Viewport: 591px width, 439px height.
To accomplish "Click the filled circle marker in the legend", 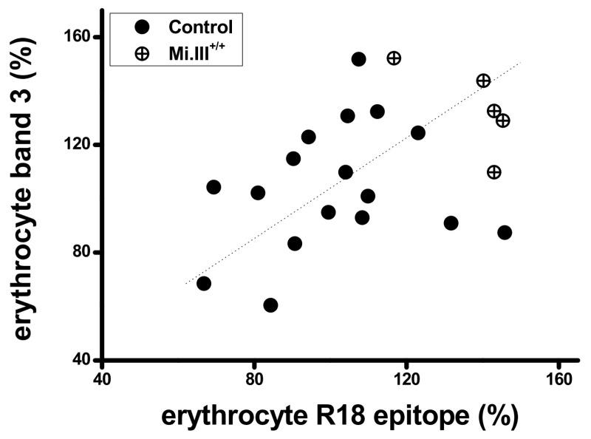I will (x=143, y=28).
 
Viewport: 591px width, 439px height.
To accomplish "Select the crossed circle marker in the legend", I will (x=143, y=54).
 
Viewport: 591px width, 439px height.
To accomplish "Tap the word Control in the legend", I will (x=201, y=28).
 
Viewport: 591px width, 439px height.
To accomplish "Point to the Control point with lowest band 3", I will (x=270, y=305).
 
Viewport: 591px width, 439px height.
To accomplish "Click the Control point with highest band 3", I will (x=359, y=59).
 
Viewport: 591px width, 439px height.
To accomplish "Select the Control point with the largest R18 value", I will (x=505, y=232).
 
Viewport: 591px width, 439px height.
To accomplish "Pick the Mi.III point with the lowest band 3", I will (x=494, y=172).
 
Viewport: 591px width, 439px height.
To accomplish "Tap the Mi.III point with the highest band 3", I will (x=394, y=58).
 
